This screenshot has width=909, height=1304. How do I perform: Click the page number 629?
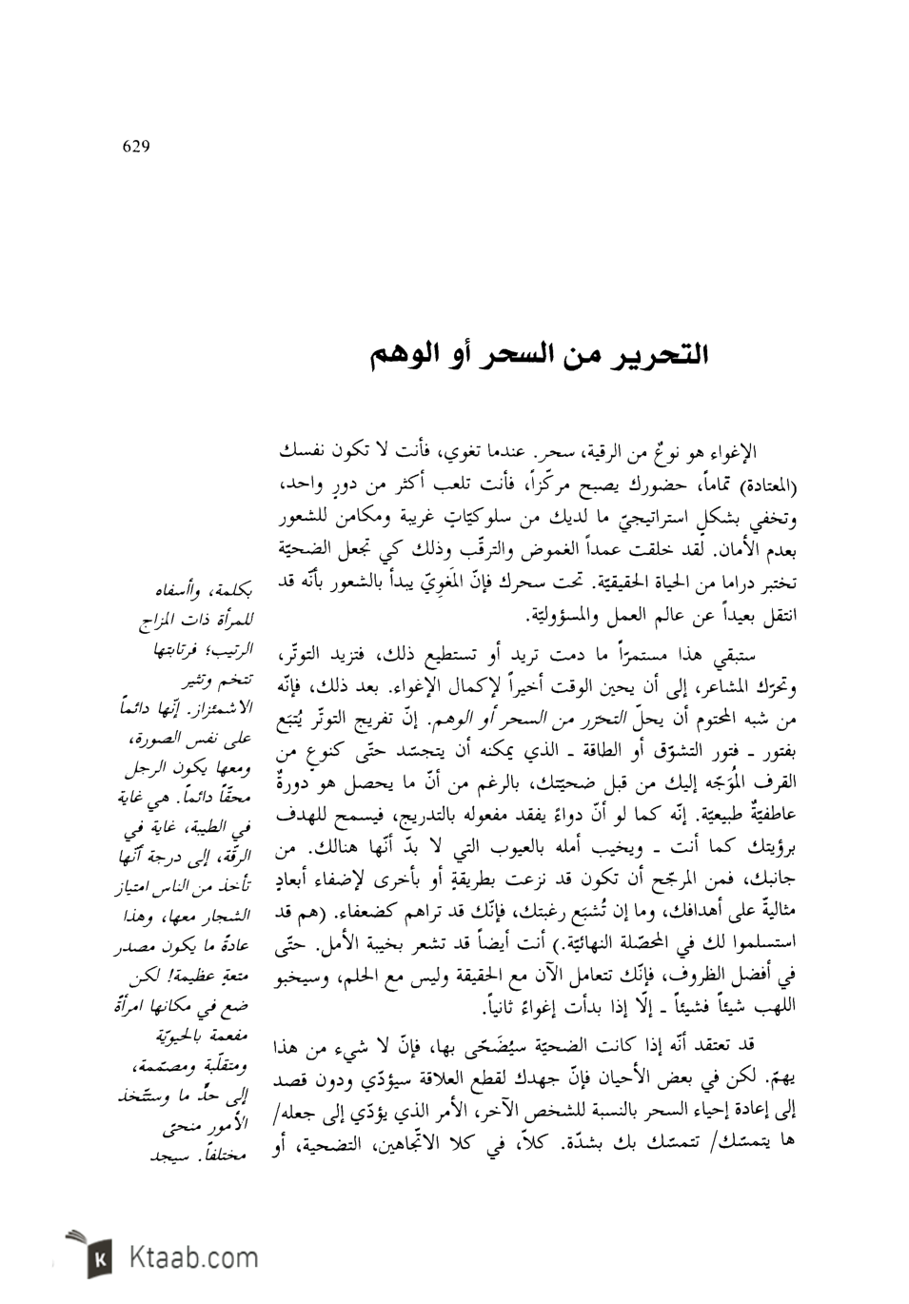click(x=136, y=147)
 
